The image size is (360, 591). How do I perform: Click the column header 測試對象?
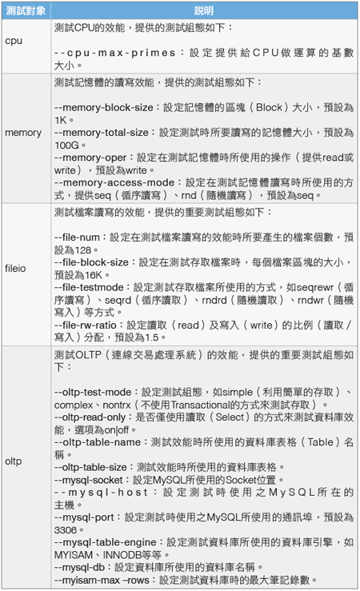point(26,10)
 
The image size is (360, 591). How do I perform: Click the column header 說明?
point(204,10)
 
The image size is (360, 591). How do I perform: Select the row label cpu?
point(14,41)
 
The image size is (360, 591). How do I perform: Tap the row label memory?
point(23,133)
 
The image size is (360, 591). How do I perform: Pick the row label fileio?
point(15,269)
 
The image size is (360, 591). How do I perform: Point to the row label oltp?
point(13,461)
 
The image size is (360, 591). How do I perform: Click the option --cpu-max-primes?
point(115,53)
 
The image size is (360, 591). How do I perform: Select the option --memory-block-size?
point(104,107)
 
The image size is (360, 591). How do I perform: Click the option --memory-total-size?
point(102,132)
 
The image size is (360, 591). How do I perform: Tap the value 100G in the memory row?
point(66,145)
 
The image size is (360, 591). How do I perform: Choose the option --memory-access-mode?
point(114,183)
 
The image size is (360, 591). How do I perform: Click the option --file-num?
point(77,238)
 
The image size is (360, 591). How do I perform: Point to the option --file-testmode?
point(89,288)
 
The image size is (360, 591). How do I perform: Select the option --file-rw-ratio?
point(85,325)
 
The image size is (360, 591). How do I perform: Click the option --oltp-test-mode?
point(93,393)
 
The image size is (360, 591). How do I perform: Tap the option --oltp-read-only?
point(90,417)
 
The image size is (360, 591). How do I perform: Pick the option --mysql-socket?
point(89,480)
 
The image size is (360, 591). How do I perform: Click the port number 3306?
point(66,530)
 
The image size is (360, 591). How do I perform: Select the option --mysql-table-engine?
point(105,542)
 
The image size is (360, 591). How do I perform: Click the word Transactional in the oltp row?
point(200,405)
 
